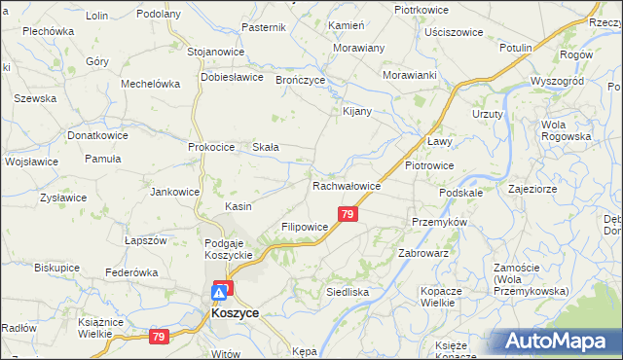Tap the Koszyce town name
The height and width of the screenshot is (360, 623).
tap(234, 315)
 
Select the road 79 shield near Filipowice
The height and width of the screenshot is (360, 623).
tap(348, 213)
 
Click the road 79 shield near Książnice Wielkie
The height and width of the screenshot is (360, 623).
tap(159, 337)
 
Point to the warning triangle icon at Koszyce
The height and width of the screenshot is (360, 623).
tap(222, 291)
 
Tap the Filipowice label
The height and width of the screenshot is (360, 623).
tap(304, 227)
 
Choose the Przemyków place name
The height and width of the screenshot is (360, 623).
tap(440, 222)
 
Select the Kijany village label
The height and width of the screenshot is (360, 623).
tap(358, 111)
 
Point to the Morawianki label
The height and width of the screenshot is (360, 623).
tap(409, 75)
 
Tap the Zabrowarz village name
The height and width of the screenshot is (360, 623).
tap(422, 252)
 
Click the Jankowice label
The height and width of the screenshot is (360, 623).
tap(174, 192)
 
